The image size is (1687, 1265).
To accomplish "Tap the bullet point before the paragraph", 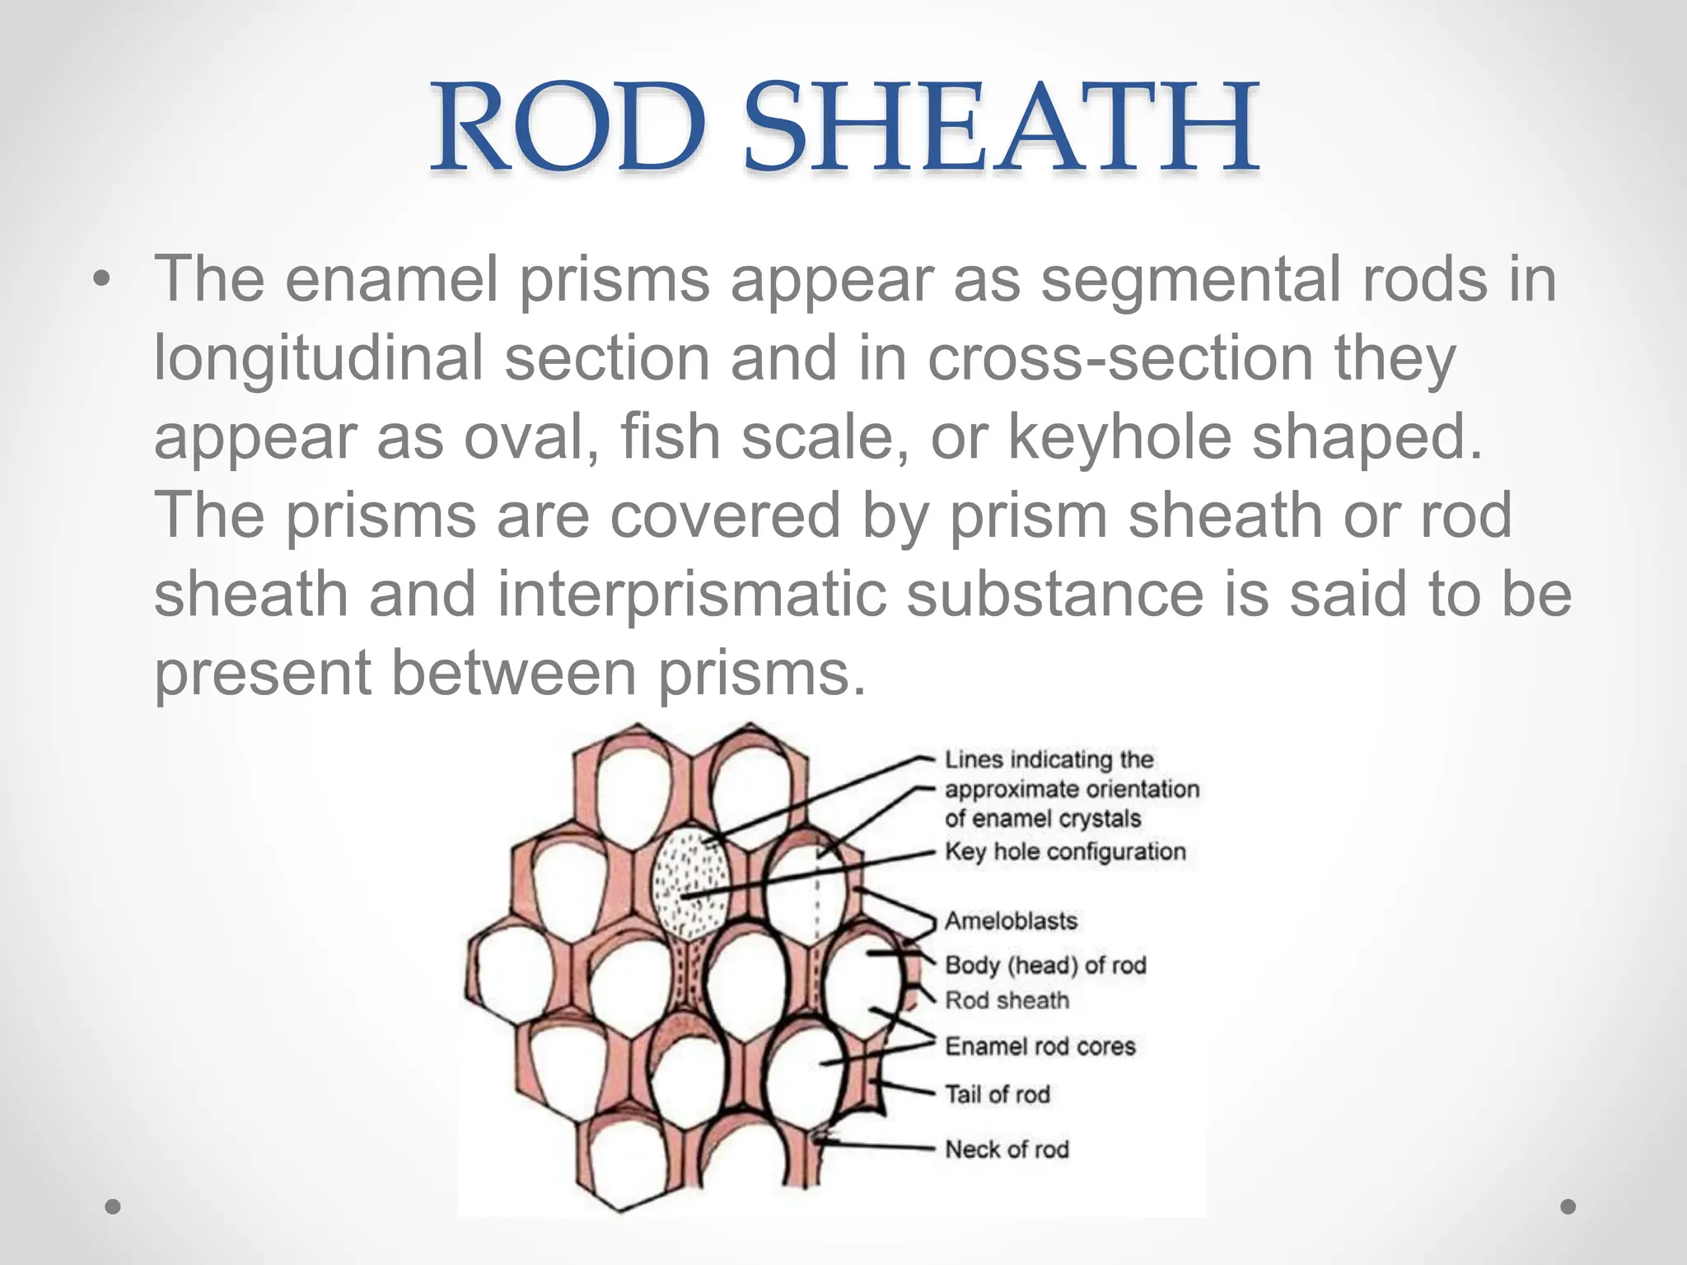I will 100,280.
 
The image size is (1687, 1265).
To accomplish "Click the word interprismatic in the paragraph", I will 692,595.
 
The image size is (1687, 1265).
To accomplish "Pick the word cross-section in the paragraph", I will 1120,359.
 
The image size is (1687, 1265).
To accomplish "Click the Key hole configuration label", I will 1065,852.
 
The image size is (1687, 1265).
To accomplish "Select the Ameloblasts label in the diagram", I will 1011,921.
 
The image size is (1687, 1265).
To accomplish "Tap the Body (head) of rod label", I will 1045,965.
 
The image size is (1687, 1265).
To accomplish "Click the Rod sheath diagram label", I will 1007,1001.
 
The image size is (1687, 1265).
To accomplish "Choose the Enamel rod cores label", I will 1040,1047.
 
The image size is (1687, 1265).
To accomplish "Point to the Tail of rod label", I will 997,1095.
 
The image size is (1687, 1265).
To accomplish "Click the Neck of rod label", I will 1007,1150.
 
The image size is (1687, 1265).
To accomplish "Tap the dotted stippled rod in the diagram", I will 690,881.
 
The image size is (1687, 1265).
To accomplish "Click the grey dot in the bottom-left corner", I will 113,1207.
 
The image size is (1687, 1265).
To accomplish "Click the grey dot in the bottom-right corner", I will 1568,1207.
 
